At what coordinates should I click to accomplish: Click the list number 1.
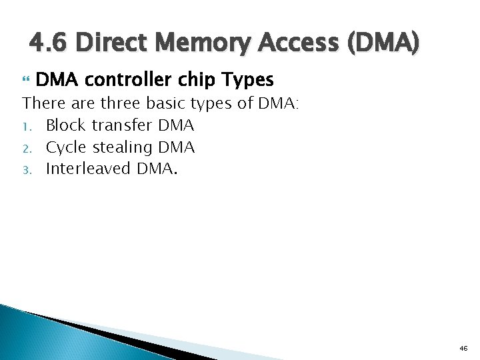click(26, 126)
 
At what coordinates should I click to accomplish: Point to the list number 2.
click(26, 147)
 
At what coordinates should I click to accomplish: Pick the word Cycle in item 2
click(66, 147)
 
